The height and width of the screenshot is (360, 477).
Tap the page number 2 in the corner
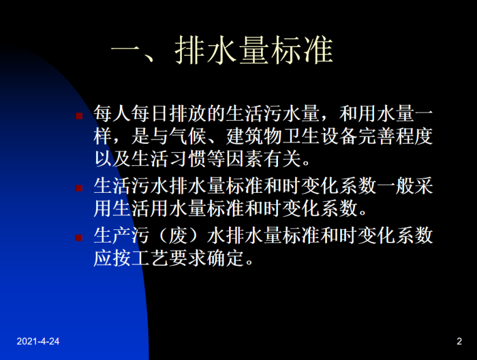pyautogui.click(x=459, y=342)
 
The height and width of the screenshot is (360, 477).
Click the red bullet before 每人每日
pyautogui.click(x=79, y=117)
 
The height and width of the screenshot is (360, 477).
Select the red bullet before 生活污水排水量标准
pyautogui.click(x=79, y=188)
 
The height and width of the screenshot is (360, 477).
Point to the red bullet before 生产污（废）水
pyautogui.click(x=79, y=238)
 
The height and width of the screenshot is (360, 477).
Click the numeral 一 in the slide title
pyautogui.click(x=127, y=50)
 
